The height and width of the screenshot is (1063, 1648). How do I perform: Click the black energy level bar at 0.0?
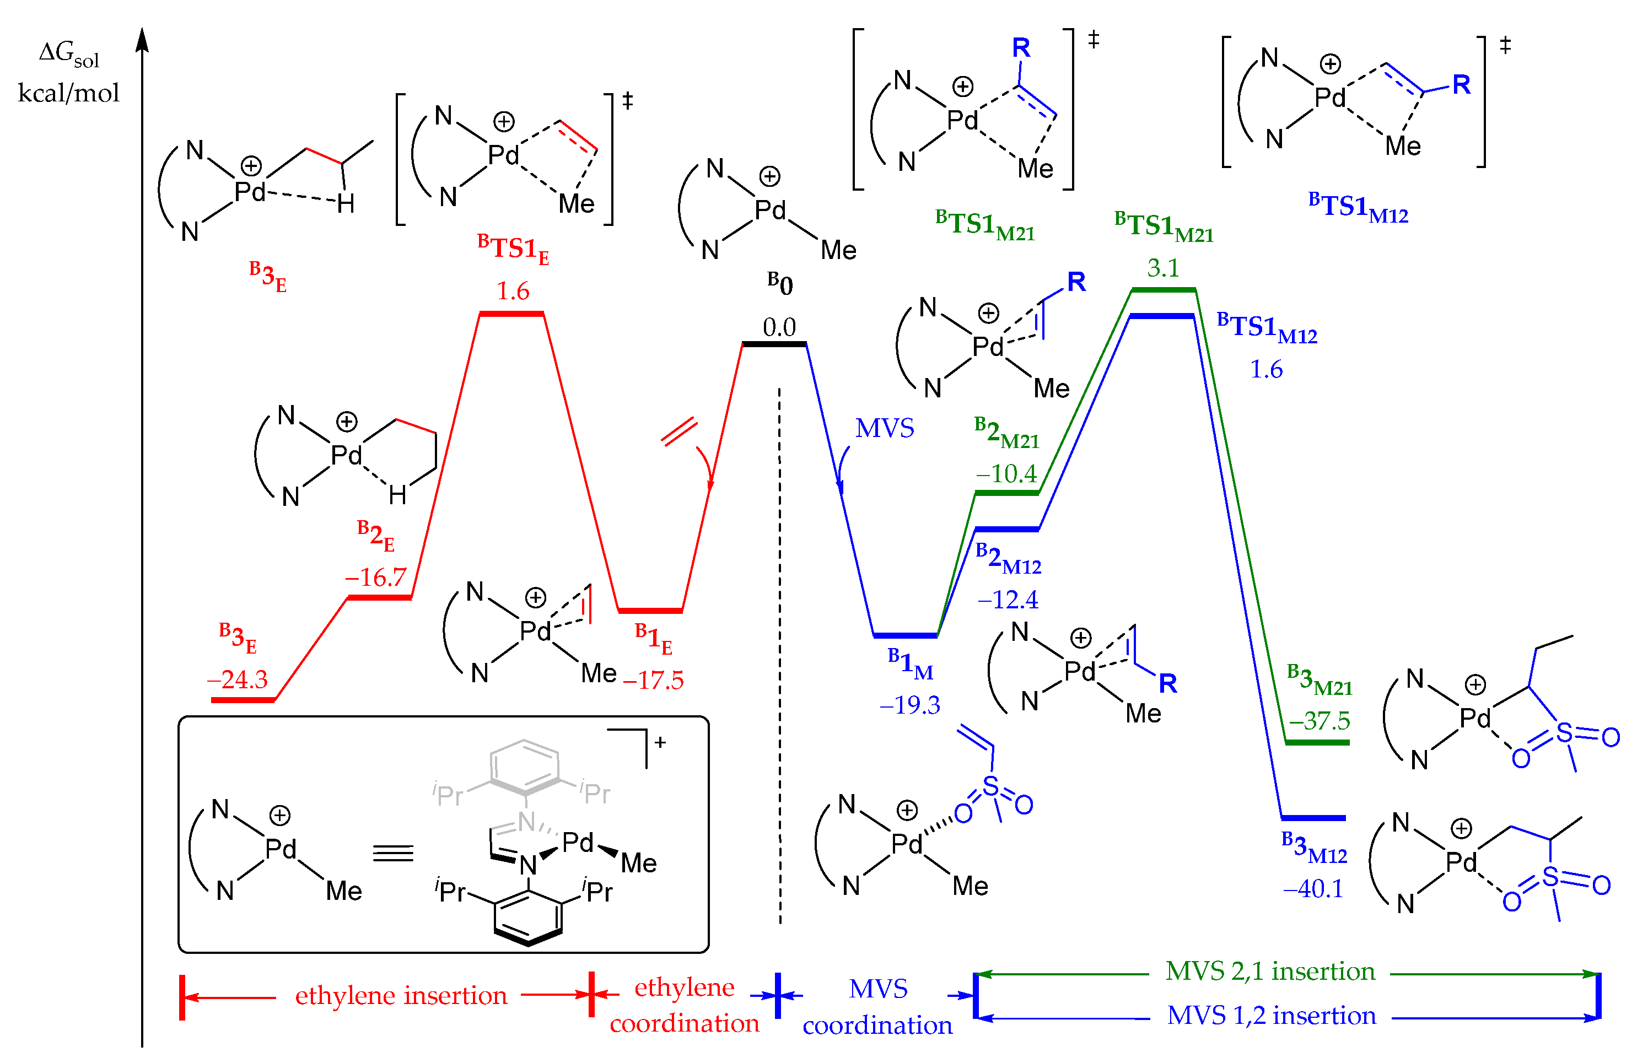pos(774,344)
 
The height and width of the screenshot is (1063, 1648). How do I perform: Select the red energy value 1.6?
pos(513,292)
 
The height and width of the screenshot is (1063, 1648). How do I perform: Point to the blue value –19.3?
pos(909,705)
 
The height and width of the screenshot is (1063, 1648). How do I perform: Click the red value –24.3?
pos(237,680)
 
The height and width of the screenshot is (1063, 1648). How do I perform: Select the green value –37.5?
pos(1319,721)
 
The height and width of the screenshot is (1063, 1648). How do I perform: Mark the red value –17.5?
pos(653,681)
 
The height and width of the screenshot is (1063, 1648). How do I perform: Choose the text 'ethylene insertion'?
pos(401,995)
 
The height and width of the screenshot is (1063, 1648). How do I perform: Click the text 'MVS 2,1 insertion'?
pos(1270,971)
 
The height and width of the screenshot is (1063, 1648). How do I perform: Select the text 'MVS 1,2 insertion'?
pos(1271,1016)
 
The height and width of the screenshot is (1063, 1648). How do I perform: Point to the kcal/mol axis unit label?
pos(68,93)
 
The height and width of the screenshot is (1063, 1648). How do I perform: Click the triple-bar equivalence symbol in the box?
pos(393,854)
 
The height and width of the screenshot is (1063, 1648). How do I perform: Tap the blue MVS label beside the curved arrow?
pos(885,429)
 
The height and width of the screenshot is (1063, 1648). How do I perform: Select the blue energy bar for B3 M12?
pos(1313,818)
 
